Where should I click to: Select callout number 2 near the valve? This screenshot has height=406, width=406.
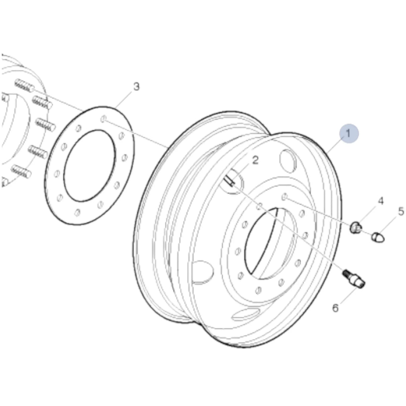click(255, 161)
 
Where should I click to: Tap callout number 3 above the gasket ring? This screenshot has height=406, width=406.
click(136, 87)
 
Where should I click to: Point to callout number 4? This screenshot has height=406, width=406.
click(381, 201)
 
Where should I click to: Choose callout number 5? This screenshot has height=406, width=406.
click(401, 211)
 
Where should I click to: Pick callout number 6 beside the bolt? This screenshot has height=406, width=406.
click(335, 308)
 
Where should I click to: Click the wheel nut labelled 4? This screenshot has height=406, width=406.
click(356, 228)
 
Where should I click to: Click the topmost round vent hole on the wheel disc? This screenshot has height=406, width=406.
click(289, 158)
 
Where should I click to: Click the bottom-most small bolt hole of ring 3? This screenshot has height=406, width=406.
click(77, 212)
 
